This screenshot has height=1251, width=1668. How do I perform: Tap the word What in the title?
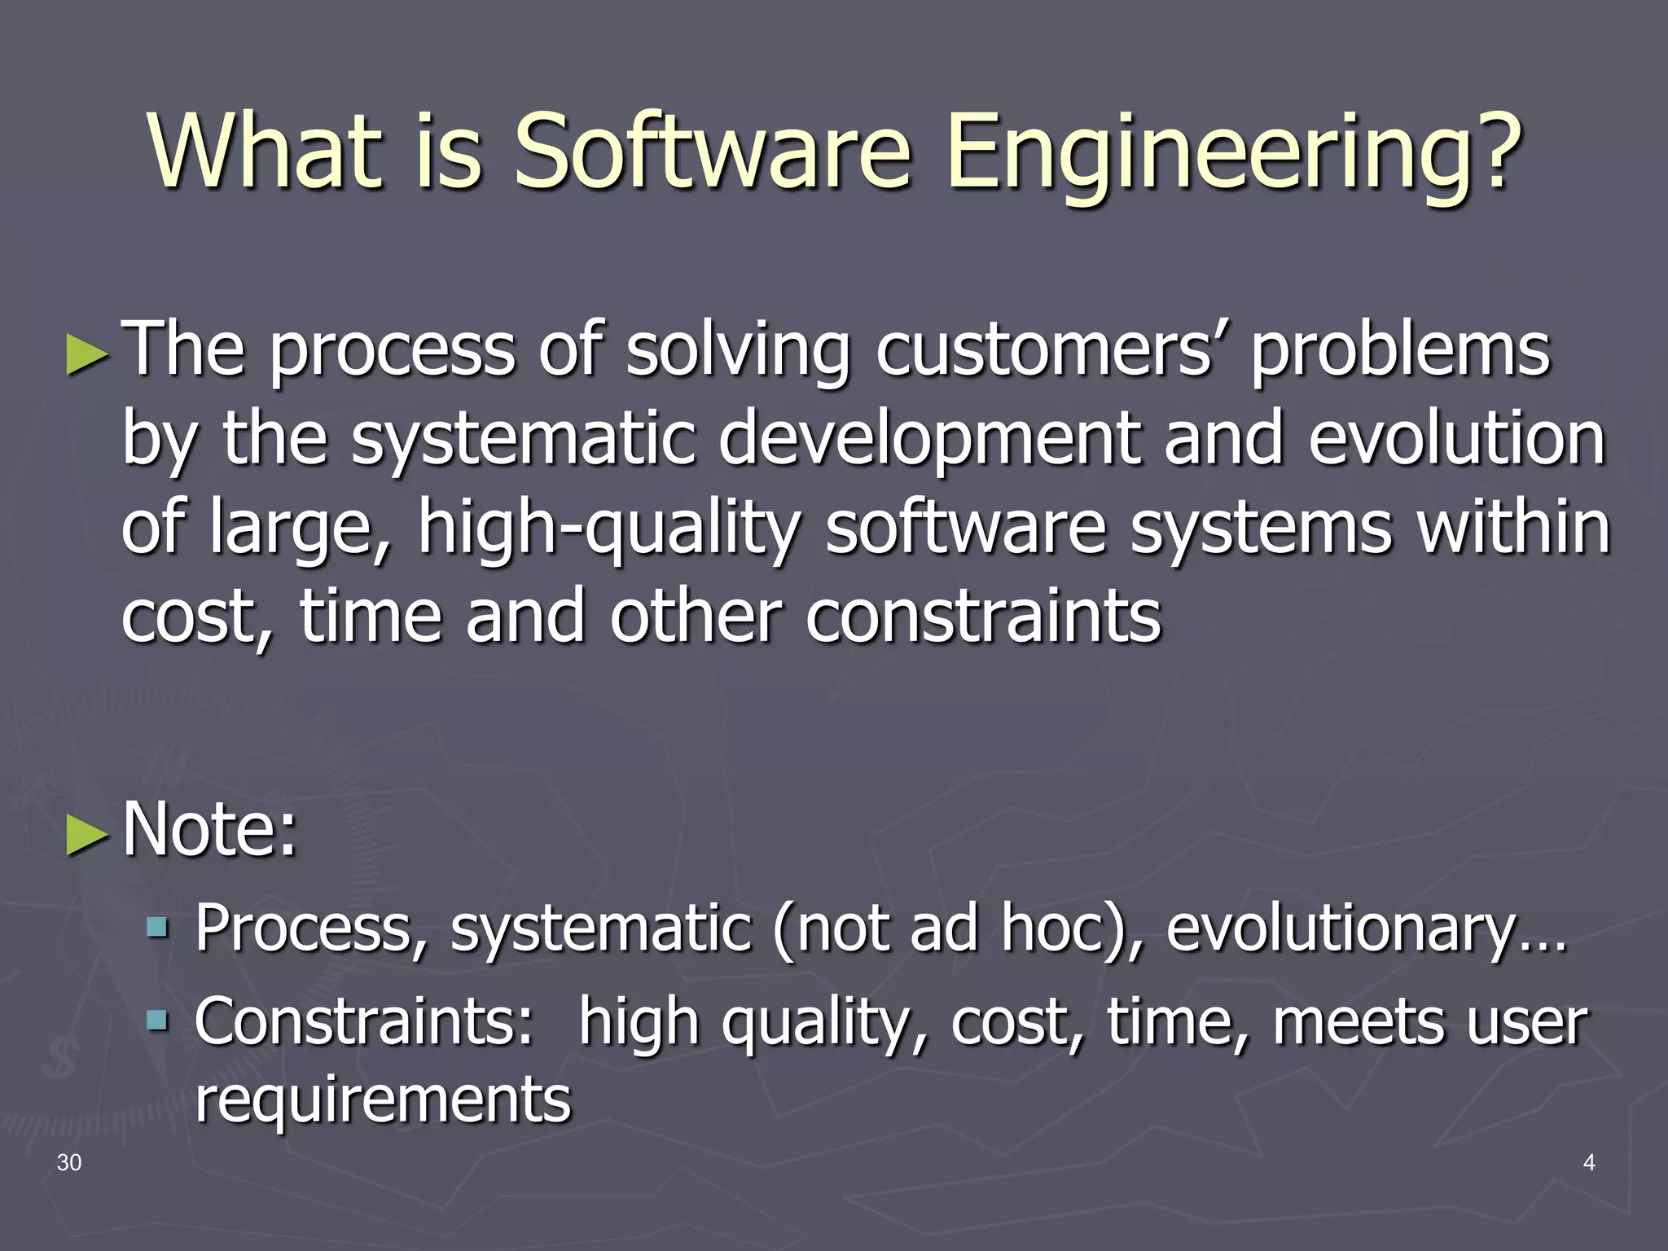coord(266,152)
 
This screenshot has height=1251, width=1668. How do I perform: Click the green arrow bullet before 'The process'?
coord(86,354)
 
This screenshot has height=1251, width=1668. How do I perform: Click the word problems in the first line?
coord(1400,350)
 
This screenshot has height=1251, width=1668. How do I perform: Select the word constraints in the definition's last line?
coord(983,617)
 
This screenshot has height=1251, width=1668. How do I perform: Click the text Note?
coord(210,829)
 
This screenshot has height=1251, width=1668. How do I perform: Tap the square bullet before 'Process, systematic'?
coord(157,926)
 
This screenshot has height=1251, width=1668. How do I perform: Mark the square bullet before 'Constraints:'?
coord(157,1020)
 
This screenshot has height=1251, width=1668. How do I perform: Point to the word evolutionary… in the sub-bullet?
coord(1365,928)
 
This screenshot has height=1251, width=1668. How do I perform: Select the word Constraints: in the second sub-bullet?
coord(363,1021)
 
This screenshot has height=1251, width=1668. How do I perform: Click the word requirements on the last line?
coord(383,1099)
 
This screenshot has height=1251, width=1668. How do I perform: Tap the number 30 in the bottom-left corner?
coord(69,1162)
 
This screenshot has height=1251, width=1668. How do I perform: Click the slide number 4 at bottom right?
coord(1588,1162)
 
